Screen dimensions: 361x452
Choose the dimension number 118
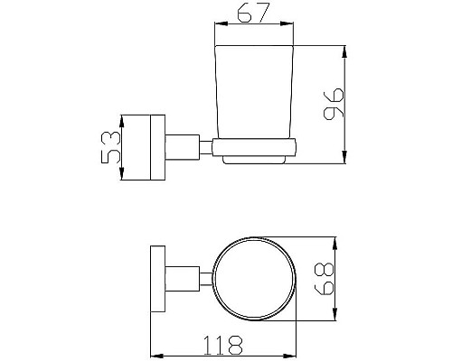[222, 344]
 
